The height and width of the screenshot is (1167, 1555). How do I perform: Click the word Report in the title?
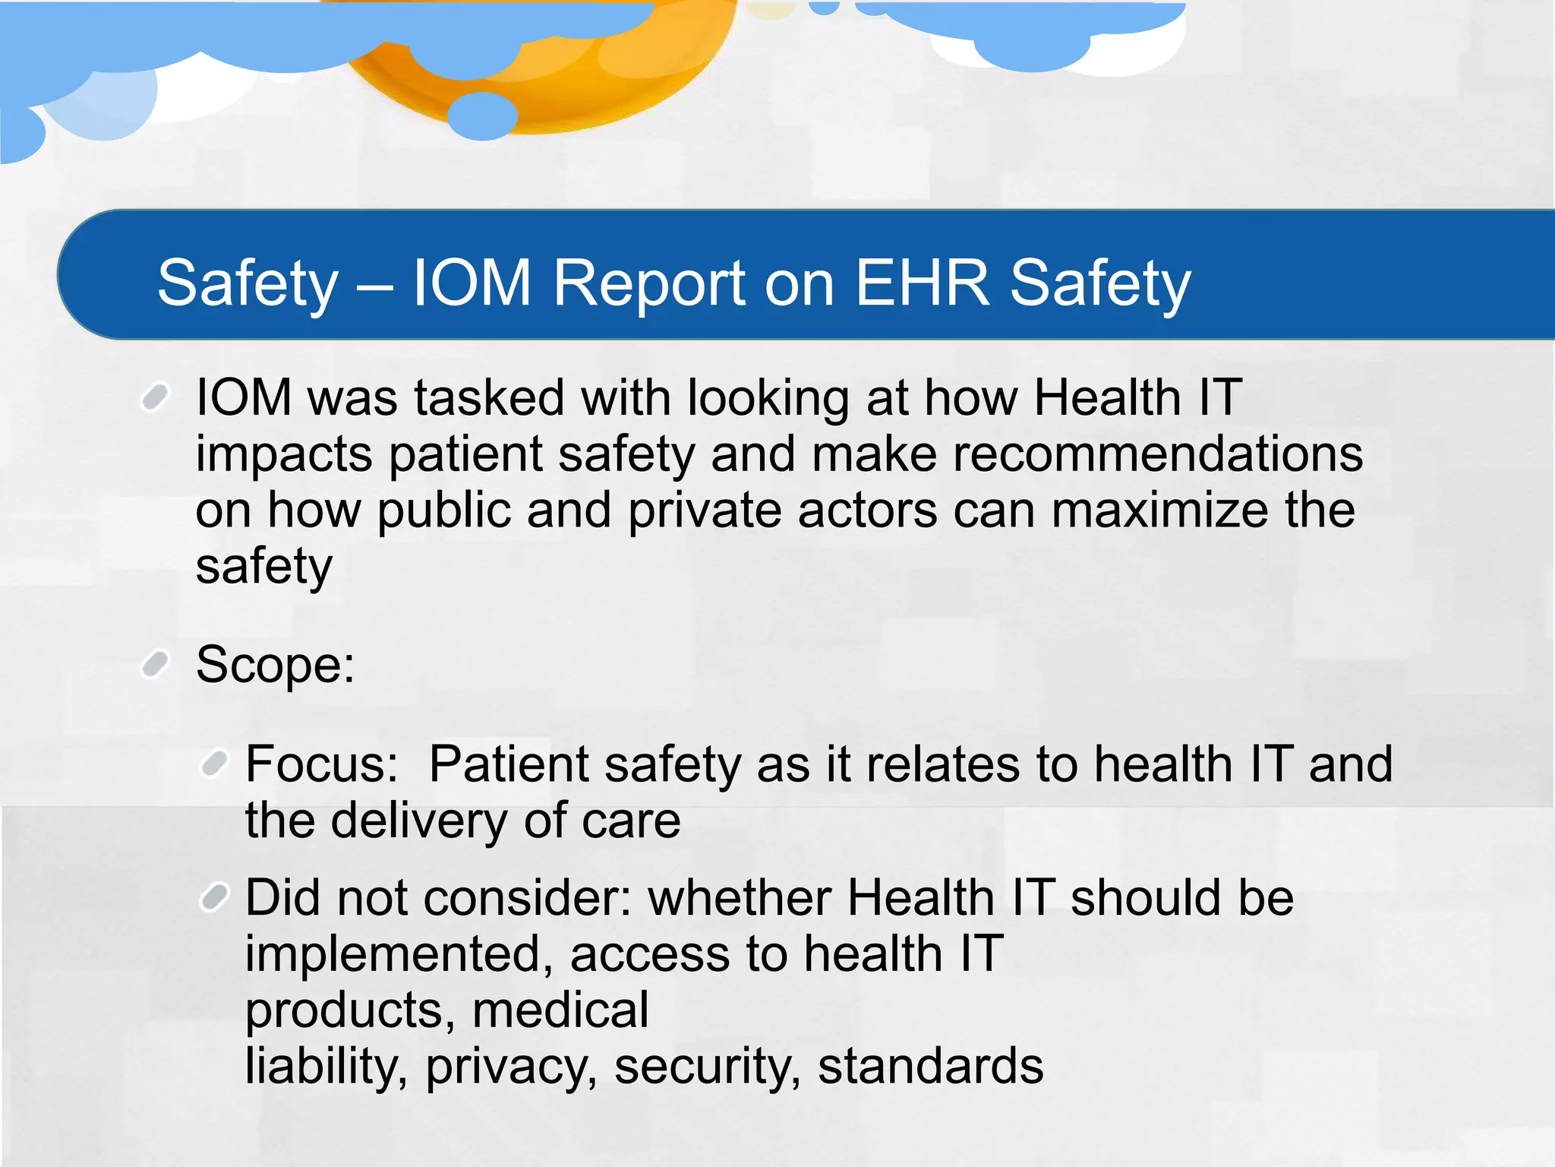pyautogui.click(x=648, y=283)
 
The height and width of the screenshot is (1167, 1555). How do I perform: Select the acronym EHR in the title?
pyautogui.click(x=923, y=283)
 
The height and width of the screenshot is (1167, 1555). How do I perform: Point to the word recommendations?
pyautogui.click(x=1157, y=454)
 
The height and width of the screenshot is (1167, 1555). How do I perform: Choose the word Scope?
pyautogui.click(x=275, y=665)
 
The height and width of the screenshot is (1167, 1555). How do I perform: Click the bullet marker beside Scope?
pyautogui.click(x=155, y=664)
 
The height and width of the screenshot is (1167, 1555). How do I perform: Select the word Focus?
pyautogui.click(x=322, y=764)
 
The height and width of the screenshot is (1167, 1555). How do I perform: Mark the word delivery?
pyautogui.click(x=426, y=821)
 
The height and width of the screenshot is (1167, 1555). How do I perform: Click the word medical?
pyautogui.click(x=560, y=1010)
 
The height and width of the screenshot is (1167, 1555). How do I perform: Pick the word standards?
pyautogui.click(x=930, y=1066)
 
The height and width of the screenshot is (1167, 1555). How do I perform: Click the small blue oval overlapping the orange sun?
pyautogui.click(x=483, y=115)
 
